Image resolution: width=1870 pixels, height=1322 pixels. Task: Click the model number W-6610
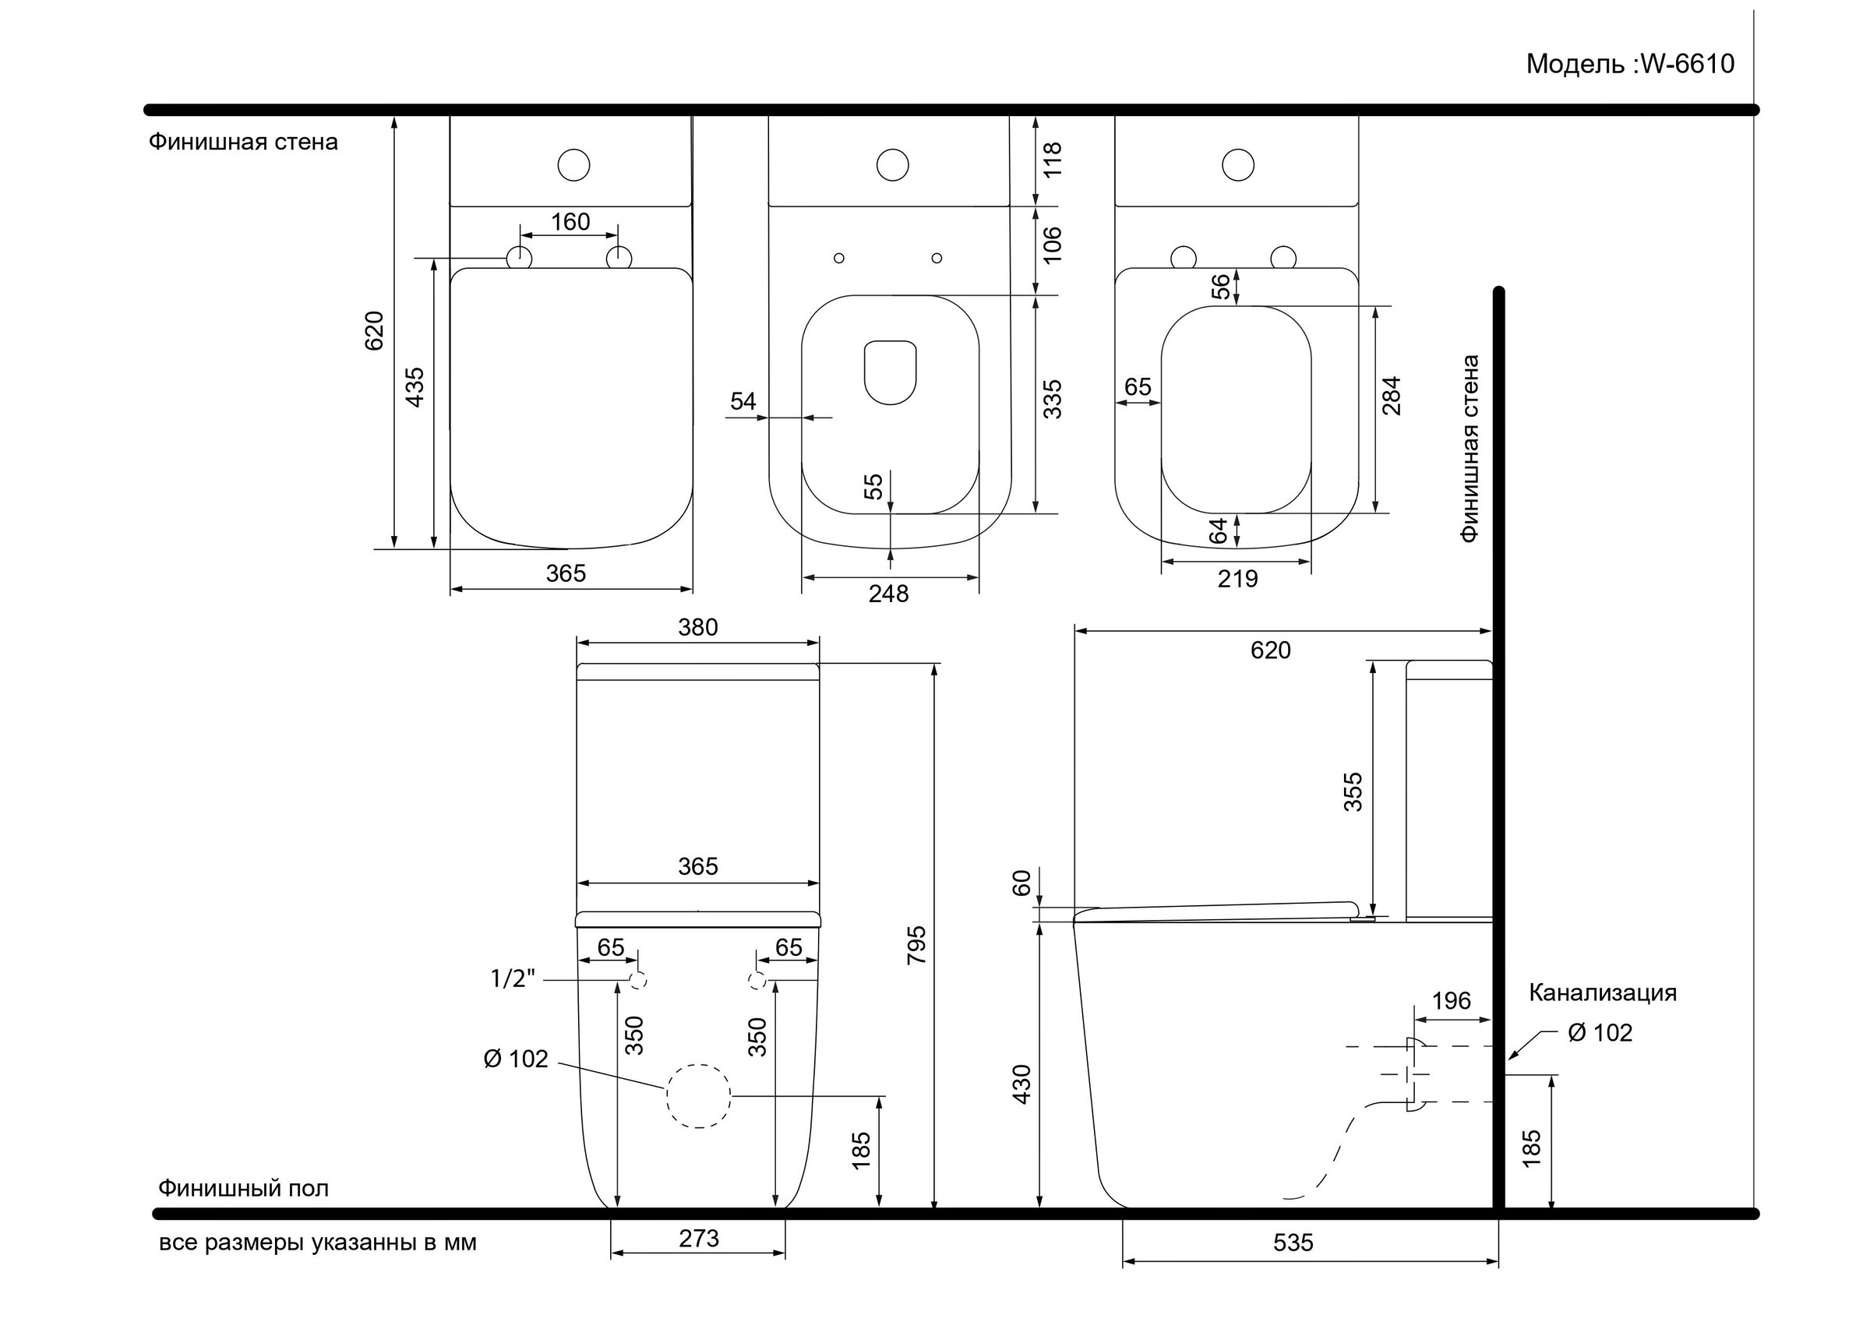[x=1687, y=64]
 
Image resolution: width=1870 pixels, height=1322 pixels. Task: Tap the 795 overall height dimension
[x=916, y=945]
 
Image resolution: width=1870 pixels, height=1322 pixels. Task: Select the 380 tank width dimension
[x=698, y=627]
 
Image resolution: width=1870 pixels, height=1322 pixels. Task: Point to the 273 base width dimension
[x=698, y=1239]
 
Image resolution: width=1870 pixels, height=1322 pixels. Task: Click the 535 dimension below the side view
[x=1293, y=1243]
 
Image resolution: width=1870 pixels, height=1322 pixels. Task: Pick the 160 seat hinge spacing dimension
[x=570, y=221]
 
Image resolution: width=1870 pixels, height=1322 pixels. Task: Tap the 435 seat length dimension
[x=415, y=387]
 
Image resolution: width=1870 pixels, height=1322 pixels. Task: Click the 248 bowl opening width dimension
[x=887, y=594]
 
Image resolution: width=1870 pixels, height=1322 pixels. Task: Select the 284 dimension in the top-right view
[x=1392, y=396]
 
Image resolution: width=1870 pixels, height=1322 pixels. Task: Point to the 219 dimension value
[x=1237, y=579]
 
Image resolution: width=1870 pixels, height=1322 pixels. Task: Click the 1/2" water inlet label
[x=512, y=978]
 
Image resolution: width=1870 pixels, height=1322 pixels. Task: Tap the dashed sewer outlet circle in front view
[x=698, y=1095]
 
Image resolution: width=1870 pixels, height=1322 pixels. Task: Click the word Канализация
[x=1602, y=993]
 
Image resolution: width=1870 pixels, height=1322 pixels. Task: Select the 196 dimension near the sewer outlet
[x=1451, y=1000]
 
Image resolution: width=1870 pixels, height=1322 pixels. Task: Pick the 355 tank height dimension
[x=1352, y=791]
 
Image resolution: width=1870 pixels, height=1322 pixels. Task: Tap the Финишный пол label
[x=244, y=1189]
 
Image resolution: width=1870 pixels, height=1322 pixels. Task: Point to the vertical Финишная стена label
[x=1470, y=449]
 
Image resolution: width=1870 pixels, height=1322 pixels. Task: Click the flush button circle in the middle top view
[x=893, y=165]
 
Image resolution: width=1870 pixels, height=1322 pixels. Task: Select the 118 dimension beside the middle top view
[x=1053, y=160]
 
